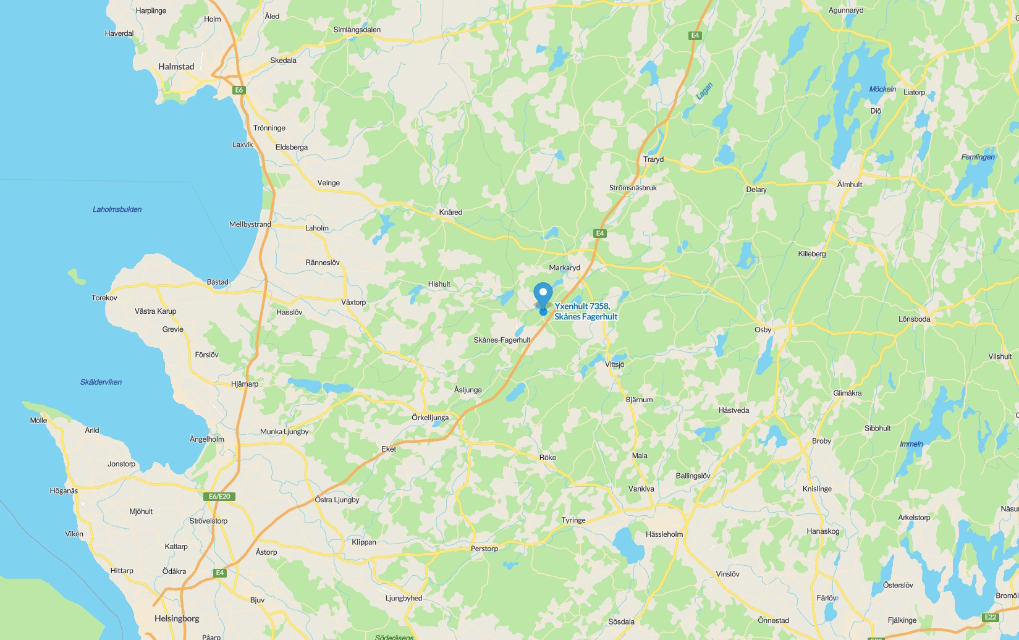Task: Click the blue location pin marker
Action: (543, 295)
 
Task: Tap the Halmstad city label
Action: (176, 67)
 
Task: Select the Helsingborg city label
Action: (177, 618)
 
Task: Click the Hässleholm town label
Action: (664, 534)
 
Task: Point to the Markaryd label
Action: (565, 267)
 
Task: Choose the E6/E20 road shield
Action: (219, 496)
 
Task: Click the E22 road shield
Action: (991, 617)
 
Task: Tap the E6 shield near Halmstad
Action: (239, 90)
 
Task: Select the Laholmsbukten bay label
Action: (117, 209)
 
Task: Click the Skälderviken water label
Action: (101, 382)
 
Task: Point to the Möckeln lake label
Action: (882, 89)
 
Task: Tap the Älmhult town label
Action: (850, 184)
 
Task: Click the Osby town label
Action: (763, 330)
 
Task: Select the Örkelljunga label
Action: (430, 418)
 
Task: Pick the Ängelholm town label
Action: (207, 439)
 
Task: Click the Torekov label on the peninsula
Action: (104, 298)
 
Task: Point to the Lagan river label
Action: (704, 91)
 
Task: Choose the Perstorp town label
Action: (484, 549)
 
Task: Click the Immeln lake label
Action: (911, 444)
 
